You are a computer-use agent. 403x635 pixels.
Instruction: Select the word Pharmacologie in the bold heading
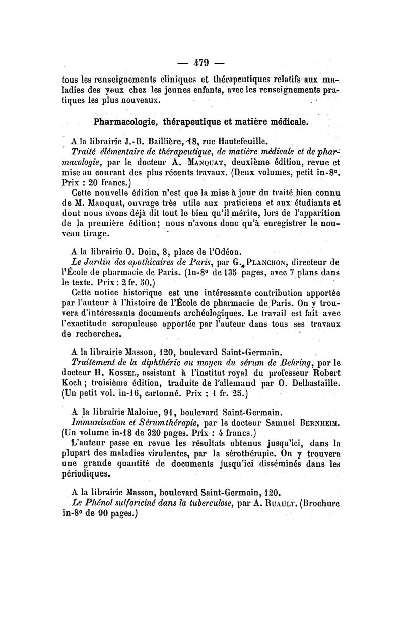[125, 122]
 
